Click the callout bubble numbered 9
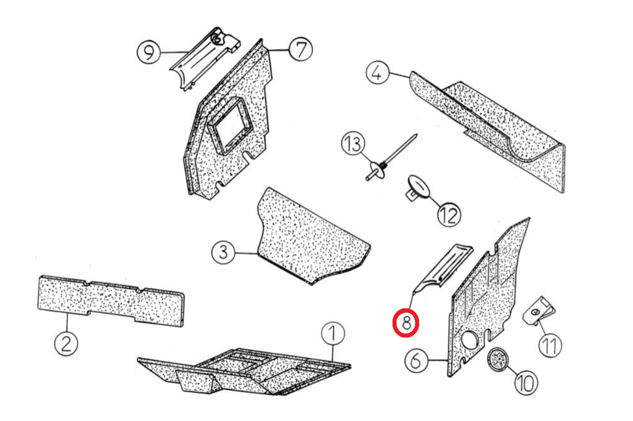tap(148, 52)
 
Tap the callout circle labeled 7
tap(301, 49)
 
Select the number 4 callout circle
tap(378, 72)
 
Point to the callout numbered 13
tap(353, 143)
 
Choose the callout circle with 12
tap(449, 215)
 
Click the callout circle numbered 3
tap(223, 252)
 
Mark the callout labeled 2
tap(66, 344)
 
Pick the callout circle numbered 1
tap(333, 333)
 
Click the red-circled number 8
tap(406, 323)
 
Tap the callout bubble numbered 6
tap(417, 361)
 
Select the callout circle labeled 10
tap(526, 383)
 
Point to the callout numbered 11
tap(550, 346)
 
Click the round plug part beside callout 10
tap(498, 360)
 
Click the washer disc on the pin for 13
tap(378, 170)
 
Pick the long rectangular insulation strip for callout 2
tap(111, 301)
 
